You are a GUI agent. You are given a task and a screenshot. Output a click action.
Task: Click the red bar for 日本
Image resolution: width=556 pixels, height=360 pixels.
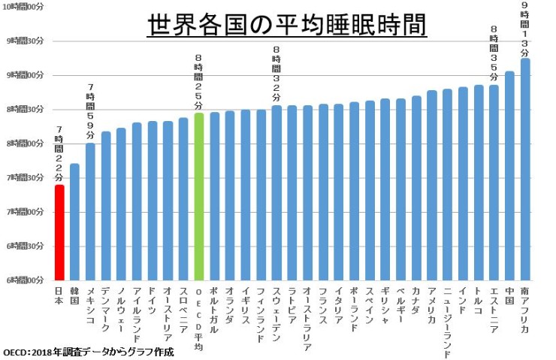[x=59, y=233]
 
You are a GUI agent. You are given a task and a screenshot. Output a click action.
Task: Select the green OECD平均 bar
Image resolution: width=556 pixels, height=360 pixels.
[x=199, y=197]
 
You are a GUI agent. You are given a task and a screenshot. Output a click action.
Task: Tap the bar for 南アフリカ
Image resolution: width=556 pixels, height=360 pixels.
[x=525, y=169]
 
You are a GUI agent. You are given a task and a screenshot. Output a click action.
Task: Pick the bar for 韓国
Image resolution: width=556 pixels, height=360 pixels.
[x=74, y=222]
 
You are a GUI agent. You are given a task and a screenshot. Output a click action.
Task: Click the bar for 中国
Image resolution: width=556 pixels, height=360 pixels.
[x=509, y=176]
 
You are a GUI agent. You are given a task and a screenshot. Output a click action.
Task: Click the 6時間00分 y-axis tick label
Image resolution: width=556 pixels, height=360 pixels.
[x=26, y=280]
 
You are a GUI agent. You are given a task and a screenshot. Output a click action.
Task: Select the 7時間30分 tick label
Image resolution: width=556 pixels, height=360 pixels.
[x=26, y=177]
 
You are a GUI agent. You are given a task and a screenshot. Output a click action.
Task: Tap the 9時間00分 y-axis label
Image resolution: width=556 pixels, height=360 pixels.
[x=26, y=74]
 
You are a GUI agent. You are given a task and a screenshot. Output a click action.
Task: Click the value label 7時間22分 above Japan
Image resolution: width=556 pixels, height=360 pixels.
[x=59, y=154]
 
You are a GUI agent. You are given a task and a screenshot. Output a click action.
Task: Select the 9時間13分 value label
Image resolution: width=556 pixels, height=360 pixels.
[x=525, y=28]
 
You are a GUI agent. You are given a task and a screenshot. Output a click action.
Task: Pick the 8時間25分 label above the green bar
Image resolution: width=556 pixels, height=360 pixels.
[x=199, y=82]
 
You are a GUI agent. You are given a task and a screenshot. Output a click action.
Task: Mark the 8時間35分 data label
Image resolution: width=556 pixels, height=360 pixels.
[x=494, y=54]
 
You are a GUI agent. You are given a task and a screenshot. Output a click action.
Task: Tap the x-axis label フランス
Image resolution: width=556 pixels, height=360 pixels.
[x=324, y=305]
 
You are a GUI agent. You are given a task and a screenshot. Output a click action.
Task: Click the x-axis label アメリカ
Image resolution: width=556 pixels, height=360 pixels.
[x=432, y=305]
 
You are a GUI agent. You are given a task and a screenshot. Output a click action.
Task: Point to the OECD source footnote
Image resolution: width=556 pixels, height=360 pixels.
[x=89, y=352]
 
